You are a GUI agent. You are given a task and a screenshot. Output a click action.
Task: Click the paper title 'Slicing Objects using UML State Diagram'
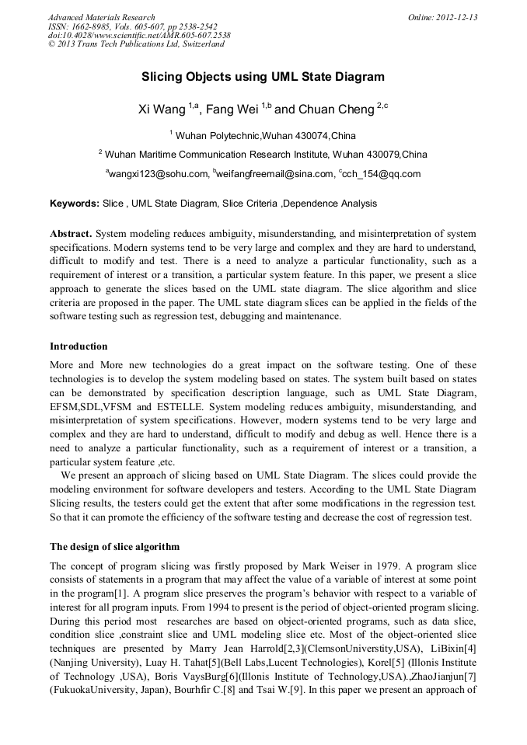tap(263, 78)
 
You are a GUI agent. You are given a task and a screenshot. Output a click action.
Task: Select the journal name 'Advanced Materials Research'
tap(102, 17)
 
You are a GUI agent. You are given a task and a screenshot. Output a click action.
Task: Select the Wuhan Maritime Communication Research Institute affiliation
tap(263, 154)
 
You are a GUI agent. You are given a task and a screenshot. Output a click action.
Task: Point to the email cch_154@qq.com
tap(379, 174)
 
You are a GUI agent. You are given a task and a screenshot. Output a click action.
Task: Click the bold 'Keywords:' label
tap(75, 204)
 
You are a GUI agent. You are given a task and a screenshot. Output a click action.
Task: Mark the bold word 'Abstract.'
tap(72, 234)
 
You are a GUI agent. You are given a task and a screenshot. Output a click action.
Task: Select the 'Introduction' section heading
tap(79, 346)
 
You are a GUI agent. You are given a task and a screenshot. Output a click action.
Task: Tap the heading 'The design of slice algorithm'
tap(114, 547)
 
